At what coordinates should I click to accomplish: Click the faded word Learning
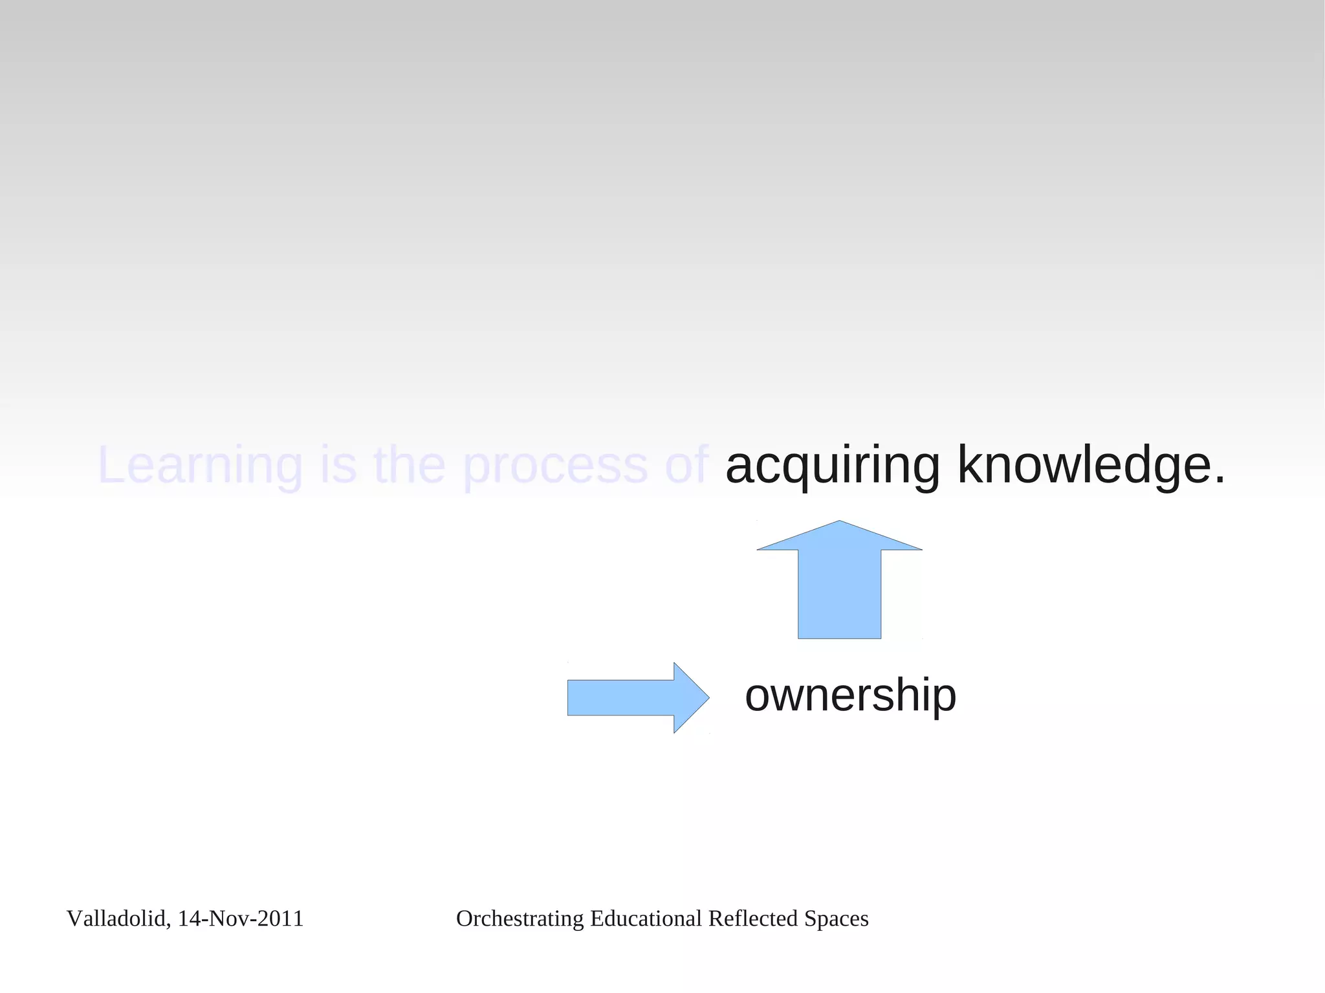point(200,466)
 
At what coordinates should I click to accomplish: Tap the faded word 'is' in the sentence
point(338,466)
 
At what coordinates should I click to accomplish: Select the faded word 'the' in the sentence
point(410,466)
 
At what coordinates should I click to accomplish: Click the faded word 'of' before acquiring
point(686,466)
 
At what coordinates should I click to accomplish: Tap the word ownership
point(850,696)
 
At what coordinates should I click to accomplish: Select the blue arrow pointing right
point(634,697)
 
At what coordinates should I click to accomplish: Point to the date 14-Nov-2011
point(241,919)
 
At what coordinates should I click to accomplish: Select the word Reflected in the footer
point(753,919)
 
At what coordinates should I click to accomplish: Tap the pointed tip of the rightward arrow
point(708,697)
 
